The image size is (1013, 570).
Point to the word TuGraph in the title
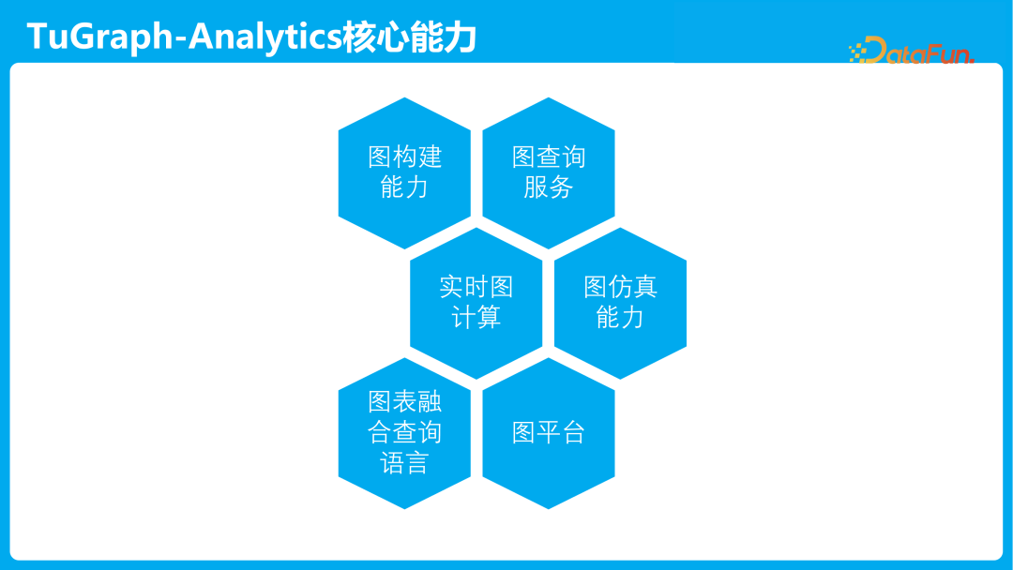(103, 37)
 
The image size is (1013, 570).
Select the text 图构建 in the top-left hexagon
(404, 157)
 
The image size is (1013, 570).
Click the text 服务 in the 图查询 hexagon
(549, 187)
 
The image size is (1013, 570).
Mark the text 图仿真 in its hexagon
(620, 287)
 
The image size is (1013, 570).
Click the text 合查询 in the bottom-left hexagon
(404, 433)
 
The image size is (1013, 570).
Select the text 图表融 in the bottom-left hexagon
(404, 402)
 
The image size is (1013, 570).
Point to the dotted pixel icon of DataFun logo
(857, 52)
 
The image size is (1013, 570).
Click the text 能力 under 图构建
(404, 187)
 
